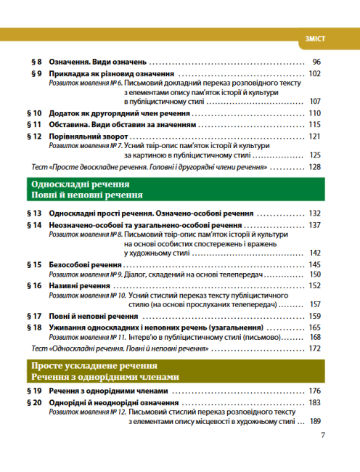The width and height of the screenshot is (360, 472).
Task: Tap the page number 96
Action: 316,62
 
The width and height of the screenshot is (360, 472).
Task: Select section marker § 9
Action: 35,74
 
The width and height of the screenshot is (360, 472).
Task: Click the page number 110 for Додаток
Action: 314,114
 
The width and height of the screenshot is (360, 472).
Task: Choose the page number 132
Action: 314,214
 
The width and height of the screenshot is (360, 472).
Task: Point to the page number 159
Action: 314,317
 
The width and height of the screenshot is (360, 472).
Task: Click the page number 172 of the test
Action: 314,349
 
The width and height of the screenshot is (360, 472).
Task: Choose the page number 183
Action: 314,402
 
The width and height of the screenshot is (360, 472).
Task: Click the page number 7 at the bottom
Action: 322,436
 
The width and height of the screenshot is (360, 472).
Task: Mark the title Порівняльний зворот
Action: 89,136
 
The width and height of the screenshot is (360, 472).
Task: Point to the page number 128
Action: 314,167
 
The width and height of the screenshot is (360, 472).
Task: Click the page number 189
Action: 314,421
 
